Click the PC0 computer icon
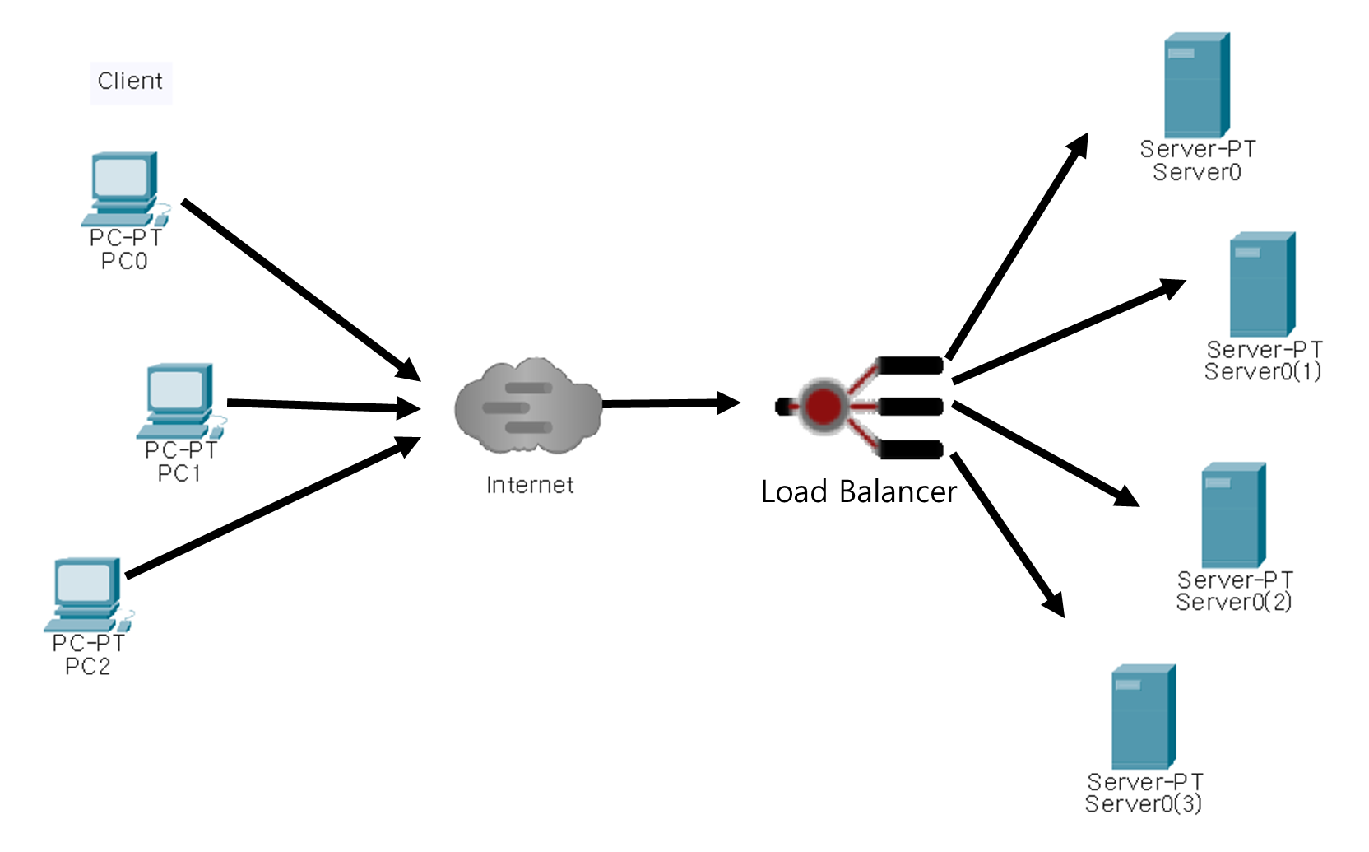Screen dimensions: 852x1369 123,188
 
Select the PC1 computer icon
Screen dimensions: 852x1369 179,400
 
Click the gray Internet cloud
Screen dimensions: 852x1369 528,407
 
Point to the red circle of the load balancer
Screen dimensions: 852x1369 824,406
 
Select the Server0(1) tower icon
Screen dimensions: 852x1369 1262,284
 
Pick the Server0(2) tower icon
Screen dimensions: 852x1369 1232,515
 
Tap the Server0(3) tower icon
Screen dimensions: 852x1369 1143,717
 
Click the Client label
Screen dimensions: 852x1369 130,81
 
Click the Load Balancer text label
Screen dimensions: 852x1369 858,492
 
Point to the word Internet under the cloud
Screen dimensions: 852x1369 530,486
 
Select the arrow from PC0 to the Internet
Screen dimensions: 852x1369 300,289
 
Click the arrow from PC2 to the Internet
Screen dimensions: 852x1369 271,507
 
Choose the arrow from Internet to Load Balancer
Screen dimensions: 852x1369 671,403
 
